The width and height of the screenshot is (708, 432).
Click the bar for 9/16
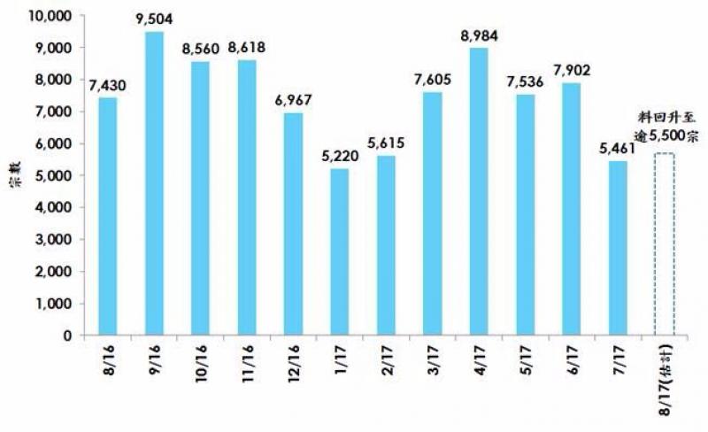[x=154, y=183]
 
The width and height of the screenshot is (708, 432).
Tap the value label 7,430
[x=108, y=86]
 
